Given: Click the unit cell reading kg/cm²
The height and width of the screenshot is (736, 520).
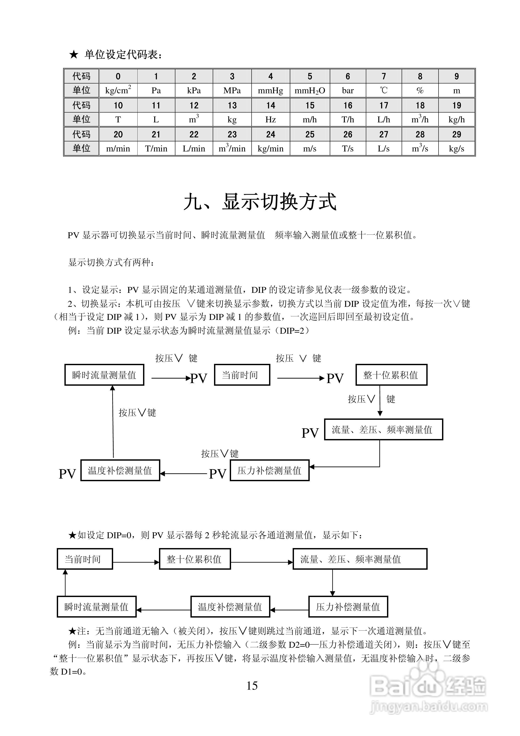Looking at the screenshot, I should pyautogui.click(x=118, y=90).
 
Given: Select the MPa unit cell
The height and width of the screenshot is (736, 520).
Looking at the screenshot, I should pyautogui.click(x=232, y=90).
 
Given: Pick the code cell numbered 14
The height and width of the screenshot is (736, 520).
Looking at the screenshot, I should pyautogui.click(x=270, y=105).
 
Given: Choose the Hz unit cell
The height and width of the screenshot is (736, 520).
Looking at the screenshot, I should pyautogui.click(x=270, y=120).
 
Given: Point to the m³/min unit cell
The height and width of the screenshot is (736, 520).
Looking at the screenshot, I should pyautogui.click(x=232, y=148).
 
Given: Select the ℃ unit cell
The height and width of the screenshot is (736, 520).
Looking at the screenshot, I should pyautogui.click(x=384, y=90).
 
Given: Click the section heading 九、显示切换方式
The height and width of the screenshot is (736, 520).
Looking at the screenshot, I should pyautogui.click(x=260, y=202).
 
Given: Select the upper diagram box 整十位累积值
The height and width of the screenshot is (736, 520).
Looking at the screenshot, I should pyautogui.click(x=391, y=375).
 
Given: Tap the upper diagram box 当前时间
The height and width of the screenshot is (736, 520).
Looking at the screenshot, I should pyautogui.click(x=242, y=375).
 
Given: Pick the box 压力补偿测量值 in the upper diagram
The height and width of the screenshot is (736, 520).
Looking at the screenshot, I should pyautogui.click(x=270, y=470).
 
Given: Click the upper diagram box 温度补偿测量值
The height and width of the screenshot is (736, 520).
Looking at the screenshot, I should pyautogui.click(x=120, y=470).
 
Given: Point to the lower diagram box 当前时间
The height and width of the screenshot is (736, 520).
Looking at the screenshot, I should pyautogui.click(x=85, y=559).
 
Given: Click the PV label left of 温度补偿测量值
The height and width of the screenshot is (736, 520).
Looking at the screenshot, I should pyautogui.click(x=67, y=474).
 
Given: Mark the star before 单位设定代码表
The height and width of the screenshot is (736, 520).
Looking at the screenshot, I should pyautogui.click(x=73, y=54).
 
